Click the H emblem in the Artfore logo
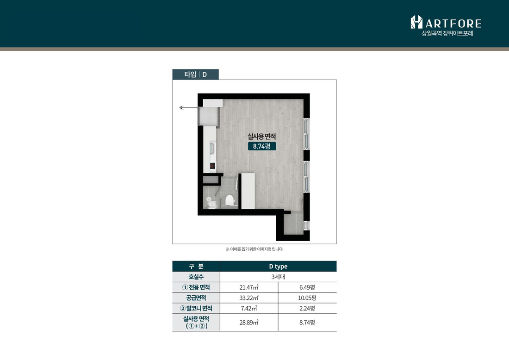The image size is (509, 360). click(416, 22)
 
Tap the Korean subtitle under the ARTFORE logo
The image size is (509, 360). click(447, 33)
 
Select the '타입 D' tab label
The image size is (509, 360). click(195, 74)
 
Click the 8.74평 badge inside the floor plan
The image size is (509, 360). click(262, 146)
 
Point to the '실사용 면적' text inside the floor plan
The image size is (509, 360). click(261, 137)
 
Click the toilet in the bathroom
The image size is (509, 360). click(230, 200)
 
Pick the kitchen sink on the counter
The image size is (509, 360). click(212, 149)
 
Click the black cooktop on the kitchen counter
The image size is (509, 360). click(212, 166)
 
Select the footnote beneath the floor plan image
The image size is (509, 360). click(254, 249)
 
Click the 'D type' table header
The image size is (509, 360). click(278, 267)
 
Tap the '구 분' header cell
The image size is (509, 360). click(196, 267)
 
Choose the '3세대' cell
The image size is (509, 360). click(278, 277)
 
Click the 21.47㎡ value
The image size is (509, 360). click(249, 287)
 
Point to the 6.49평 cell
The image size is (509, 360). click(307, 287)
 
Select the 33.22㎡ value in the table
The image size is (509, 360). click(249, 298)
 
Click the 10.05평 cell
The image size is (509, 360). click(307, 298)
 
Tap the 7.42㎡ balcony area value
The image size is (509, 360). click(249, 308)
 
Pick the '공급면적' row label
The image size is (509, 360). click(196, 298)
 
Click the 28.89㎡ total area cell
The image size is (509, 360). click(249, 323)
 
